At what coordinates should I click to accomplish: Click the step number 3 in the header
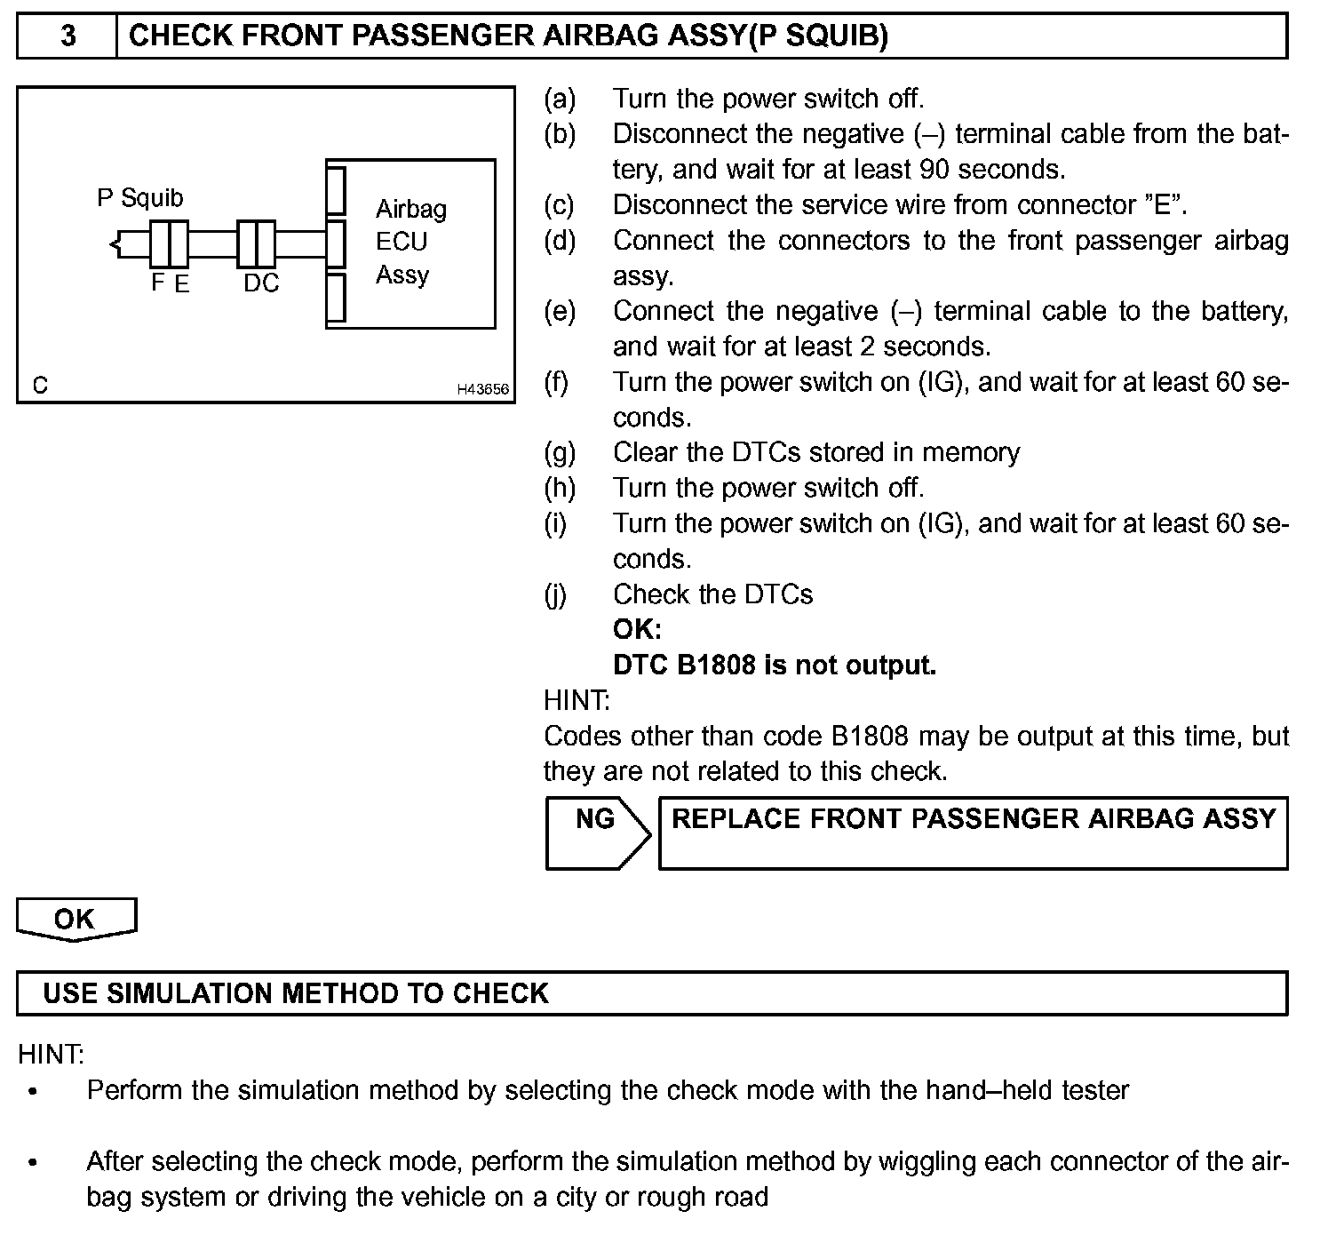[x=68, y=36]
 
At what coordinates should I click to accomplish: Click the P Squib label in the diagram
[x=140, y=197]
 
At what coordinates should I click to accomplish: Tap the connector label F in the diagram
[x=158, y=283]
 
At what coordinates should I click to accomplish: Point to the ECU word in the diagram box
[x=402, y=242]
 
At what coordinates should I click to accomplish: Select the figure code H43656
[x=483, y=389]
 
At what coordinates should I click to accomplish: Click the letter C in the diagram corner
[x=40, y=386]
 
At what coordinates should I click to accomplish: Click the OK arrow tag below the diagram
[x=76, y=919]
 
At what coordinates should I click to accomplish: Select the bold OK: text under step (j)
[x=637, y=630]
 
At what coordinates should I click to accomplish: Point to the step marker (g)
[x=560, y=453]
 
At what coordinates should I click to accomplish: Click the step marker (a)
[x=560, y=99]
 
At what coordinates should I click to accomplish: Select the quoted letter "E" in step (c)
[x=1161, y=204]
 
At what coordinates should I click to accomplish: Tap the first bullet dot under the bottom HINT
[x=34, y=1091]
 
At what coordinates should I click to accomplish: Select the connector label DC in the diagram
[x=261, y=283]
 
